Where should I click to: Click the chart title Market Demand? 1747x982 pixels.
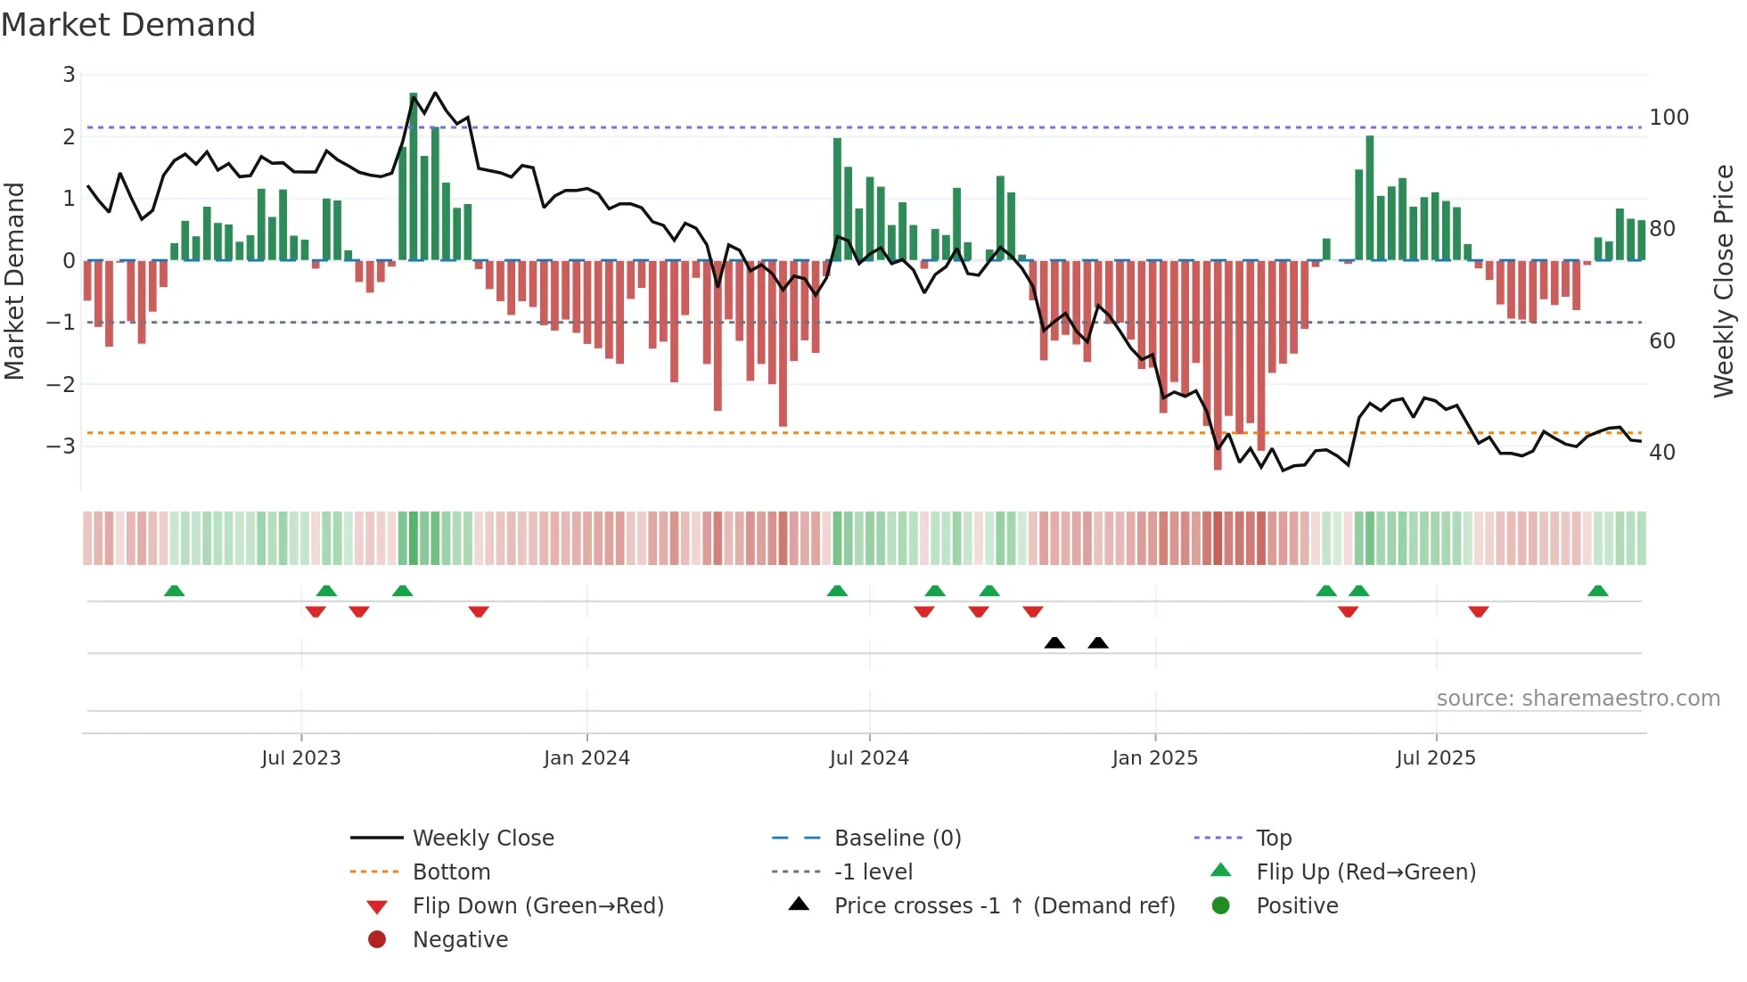tap(128, 25)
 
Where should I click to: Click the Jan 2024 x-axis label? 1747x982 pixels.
tap(586, 758)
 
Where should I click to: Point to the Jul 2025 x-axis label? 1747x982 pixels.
tap(1436, 758)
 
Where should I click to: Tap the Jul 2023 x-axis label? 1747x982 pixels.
tap(301, 758)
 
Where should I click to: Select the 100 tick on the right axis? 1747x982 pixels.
tap(1669, 118)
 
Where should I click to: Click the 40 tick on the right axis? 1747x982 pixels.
tap(1662, 453)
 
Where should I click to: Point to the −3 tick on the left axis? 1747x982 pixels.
tap(61, 446)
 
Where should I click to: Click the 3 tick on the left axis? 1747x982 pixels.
tap(69, 75)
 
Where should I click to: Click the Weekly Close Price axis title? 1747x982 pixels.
tap(1724, 281)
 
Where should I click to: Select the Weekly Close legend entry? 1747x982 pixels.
tap(482, 839)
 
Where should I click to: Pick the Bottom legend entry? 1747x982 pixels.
tap(451, 872)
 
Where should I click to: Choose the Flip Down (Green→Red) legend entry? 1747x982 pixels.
tap(537, 906)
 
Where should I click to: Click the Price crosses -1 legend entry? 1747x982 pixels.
tap(1005, 906)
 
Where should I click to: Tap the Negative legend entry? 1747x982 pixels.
tap(460, 940)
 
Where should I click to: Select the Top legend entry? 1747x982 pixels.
tap(1274, 839)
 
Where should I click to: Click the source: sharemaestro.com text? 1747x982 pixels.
tap(1578, 699)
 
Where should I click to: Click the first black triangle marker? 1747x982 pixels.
tap(1054, 642)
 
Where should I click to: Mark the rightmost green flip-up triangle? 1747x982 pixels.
tap(1598, 591)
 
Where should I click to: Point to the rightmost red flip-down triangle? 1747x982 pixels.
tap(1479, 611)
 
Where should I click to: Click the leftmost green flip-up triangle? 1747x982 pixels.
tap(175, 591)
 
